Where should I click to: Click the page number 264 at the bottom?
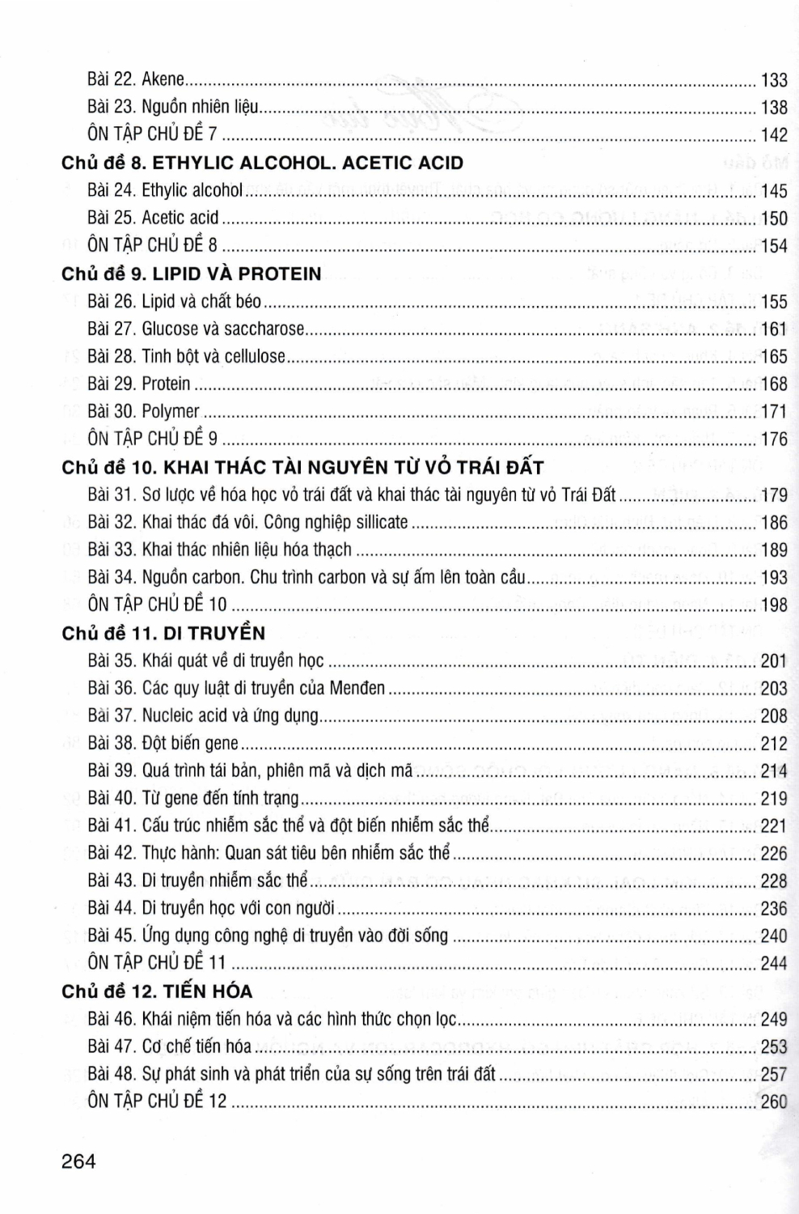click(78, 1161)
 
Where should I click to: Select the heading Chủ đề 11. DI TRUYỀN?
click(163, 633)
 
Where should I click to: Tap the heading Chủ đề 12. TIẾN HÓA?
click(157, 991)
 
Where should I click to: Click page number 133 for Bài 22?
click(774, 79)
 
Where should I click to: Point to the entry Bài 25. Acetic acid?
click(153, 218)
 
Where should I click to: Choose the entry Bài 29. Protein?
click(139, 384)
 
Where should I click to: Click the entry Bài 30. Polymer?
click(143, 411)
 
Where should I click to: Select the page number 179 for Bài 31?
click(774, 495)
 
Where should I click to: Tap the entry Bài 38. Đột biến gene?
click(163, 743)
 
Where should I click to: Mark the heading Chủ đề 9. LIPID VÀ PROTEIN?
click(191, 274)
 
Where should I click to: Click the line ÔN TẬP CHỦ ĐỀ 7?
click(152, 134)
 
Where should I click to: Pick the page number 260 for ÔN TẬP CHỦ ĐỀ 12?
click(774, 1102)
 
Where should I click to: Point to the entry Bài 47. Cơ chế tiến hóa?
click(169, 1046)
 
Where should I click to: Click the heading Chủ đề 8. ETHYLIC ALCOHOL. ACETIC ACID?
click(262, 163)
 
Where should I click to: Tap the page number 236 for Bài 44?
click(774, 909)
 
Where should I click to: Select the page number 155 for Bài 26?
click(774, 302)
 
